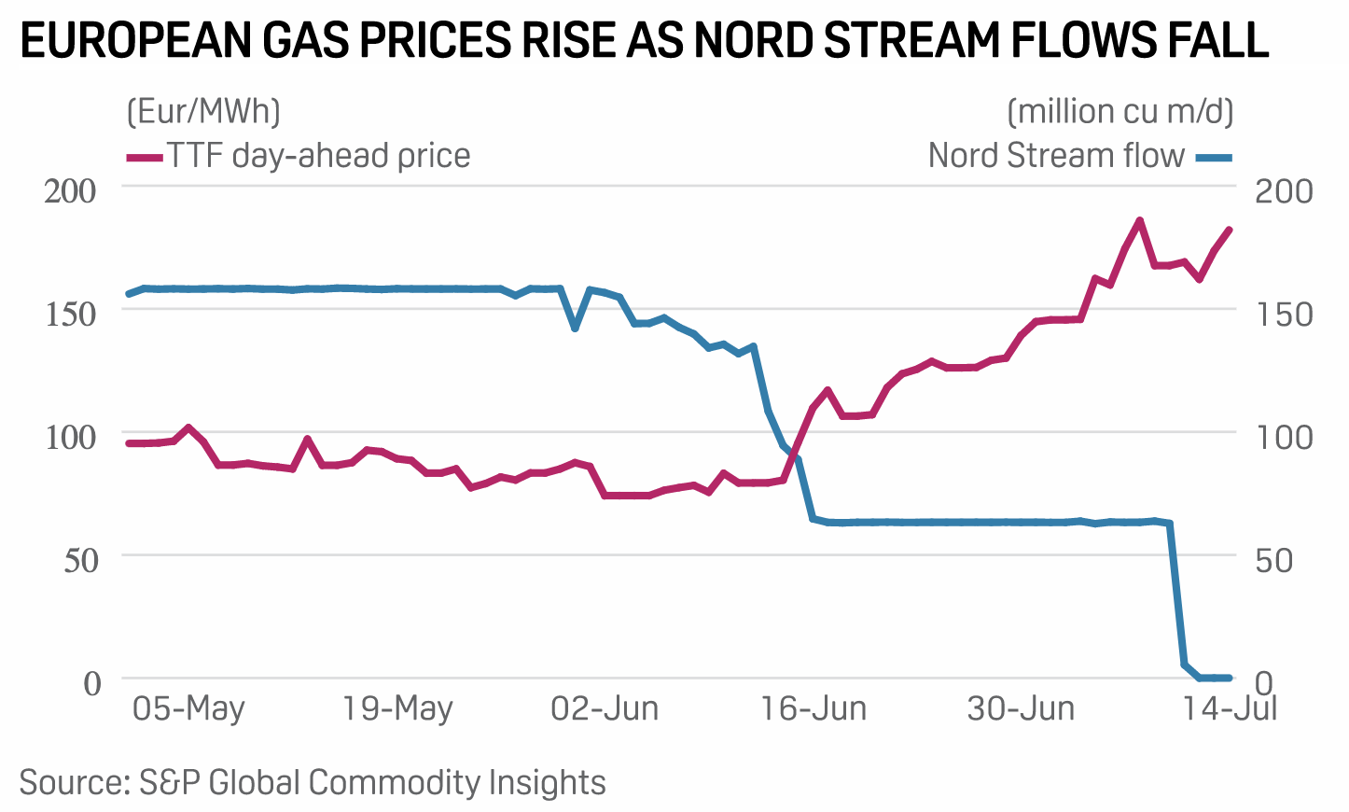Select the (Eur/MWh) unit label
[x=203, y=111]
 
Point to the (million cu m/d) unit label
[x=1120, y=111]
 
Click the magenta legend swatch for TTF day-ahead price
[x=145, y=157]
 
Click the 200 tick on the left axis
[x=71, y=190]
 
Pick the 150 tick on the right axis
[x=1284, y=314]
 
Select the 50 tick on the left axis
[x=80, y=560]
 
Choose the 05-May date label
[x=188, y=708]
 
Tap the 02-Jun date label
[x=605, y=708]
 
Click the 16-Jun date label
[x=814, y=708]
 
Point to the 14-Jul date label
[x=1230, y=708]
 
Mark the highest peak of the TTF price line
[x=1139, y=221]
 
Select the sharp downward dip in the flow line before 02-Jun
[x=576, y=328]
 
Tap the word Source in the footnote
[x=70, y=782]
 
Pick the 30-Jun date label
[x=1021, y=708]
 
